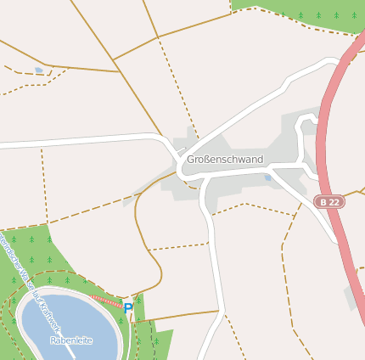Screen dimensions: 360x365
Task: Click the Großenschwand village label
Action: coord(225,160)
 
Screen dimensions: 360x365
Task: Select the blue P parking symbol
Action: coord(127,308)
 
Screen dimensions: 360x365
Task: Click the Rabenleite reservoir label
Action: coord(71,340)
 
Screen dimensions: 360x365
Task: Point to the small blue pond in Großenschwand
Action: coord(268,178)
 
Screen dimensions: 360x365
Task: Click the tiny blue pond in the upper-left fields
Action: coord(38,70)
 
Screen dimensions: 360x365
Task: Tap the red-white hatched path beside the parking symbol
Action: coord(105,301)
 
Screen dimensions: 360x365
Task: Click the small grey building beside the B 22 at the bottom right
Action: coord(351,297)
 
